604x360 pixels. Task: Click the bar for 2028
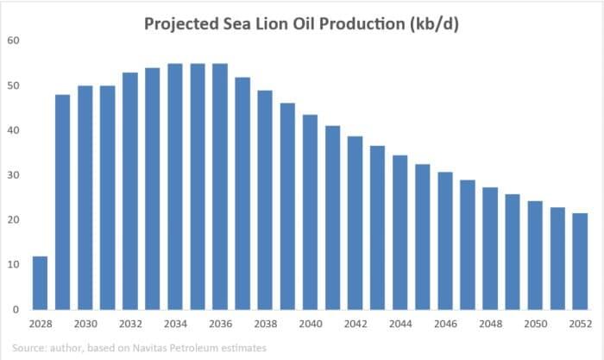tap(40, 282)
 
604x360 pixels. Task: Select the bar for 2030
tap(85, 198)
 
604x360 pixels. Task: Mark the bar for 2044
tap(400, 232)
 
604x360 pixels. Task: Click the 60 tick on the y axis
tap(15, 41)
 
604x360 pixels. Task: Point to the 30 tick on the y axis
tap(15, 175)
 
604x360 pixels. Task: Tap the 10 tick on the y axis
tap(15, 264)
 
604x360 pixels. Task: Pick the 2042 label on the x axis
tap(355, 325)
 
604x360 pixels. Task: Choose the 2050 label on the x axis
tap(534, 325)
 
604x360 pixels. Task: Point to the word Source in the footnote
tap(30, 347)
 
